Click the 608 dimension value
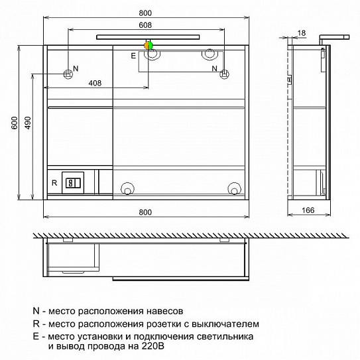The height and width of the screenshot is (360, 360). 145,25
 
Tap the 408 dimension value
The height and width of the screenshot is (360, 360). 95,83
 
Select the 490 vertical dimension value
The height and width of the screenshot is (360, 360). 28,123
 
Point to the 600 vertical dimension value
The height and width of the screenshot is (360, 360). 15,123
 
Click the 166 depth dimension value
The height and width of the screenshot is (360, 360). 308,210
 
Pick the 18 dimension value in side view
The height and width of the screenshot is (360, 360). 302,33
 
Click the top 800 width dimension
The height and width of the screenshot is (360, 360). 145,13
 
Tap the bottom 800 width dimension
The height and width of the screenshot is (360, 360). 145,212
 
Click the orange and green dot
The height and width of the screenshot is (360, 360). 149,46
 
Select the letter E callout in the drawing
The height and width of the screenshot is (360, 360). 133,56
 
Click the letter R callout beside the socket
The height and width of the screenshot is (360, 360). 54,183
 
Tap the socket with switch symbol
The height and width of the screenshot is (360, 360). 73,183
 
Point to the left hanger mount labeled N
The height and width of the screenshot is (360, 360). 68,74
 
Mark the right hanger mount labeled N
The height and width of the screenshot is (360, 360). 224,74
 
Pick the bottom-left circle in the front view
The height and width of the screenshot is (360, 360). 127,189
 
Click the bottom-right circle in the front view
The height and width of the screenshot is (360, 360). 234,189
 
